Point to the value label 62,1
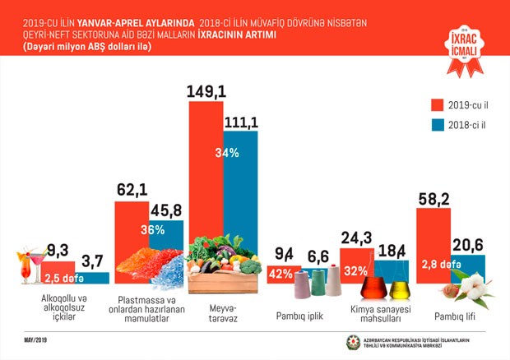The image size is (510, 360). pyautogui.click(x=132, y=191)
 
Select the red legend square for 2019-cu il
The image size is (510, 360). pyautogui.click(x=438, y=104)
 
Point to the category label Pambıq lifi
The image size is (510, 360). pyautogui.click(x=450, y=314)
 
